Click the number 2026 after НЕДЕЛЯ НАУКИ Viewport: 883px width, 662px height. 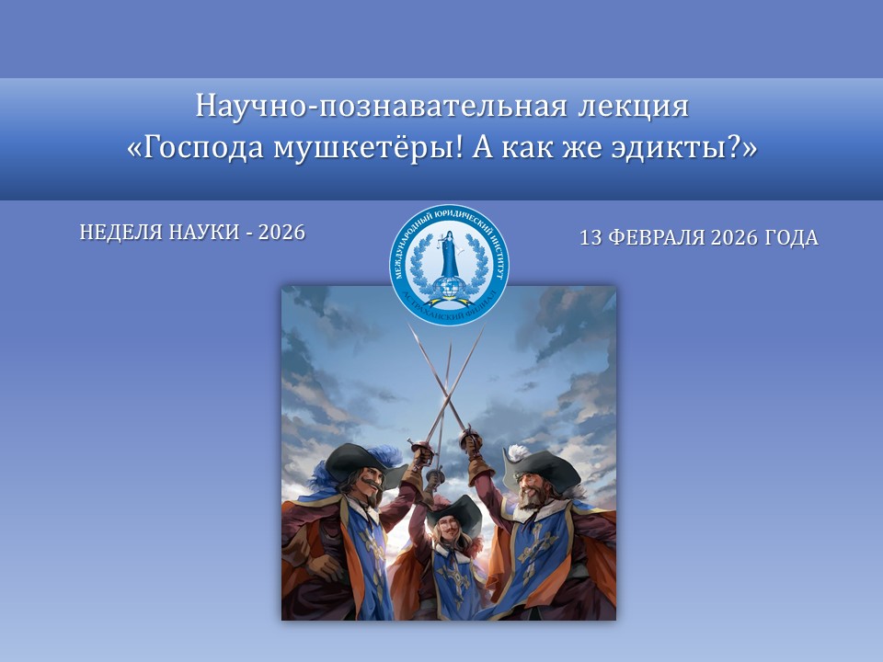coord(281,233)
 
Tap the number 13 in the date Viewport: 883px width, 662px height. coord(591,238)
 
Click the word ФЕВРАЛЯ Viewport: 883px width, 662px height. coord(654,238)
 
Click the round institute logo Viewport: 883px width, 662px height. coord(449,265)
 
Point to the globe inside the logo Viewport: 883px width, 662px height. coord(450,286)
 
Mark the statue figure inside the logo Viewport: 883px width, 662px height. coord(450,253)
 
